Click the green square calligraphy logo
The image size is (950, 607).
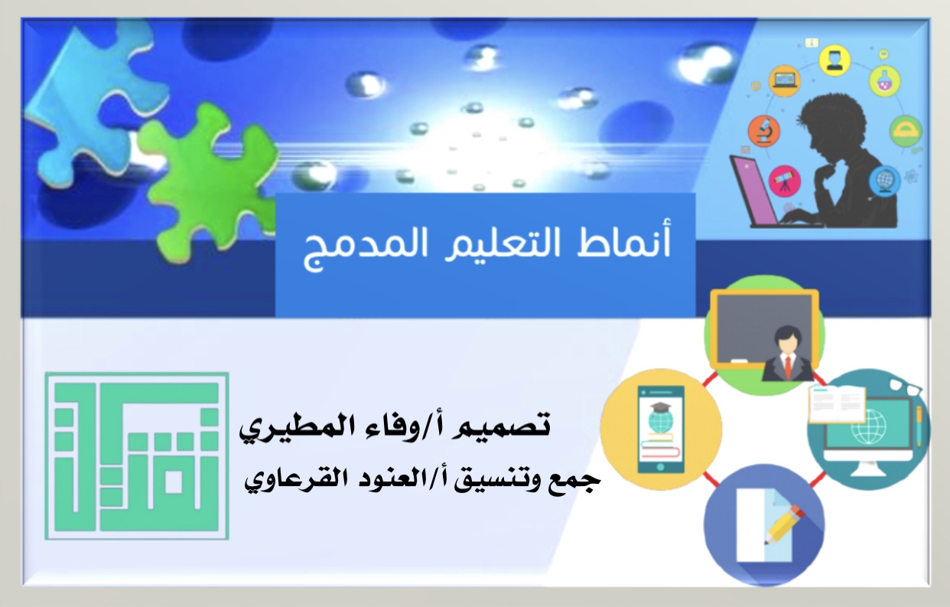[137, 456]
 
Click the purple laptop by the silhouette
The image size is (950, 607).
[756, 191]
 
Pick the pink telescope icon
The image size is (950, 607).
[784, 181]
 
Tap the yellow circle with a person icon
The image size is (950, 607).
[835, 60]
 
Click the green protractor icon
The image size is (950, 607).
[906, 132]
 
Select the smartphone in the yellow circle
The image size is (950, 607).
[661, 429]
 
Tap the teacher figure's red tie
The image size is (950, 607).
[788, 367]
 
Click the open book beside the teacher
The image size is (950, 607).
[838, 403]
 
